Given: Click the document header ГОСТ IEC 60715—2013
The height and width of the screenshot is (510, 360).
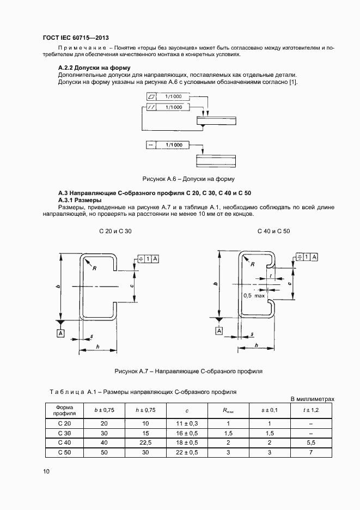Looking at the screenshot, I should pyautogui.click(x=75, y=38).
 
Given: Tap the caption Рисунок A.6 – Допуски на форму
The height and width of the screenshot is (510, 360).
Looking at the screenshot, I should pyautogui.click(x=188, y=179).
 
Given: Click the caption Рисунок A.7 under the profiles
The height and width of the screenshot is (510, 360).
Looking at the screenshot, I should pyautogui.click(x=188, y=371).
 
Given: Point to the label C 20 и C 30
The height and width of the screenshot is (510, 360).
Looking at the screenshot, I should pyautogui.click(x=115, y=232).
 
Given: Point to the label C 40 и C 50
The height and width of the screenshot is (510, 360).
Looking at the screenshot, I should pyautogui.click(x=273, y=232).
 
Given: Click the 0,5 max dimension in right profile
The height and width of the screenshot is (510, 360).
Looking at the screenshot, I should pyautogui.click(x=254, y=295).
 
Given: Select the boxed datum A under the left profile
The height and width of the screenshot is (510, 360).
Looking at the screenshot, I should pyautogui.click(x=60, y=333).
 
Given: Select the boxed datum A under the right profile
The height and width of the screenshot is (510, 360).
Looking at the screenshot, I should pyautogui.click(x=219, y=331).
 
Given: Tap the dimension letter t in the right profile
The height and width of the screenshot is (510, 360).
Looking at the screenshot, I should pyautogui.click(x=270, y=276).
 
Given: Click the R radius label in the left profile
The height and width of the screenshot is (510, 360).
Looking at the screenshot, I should pyautogui.click(x=94, y=269).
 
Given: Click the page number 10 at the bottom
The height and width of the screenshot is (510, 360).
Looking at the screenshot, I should pyautogui.click(x=46, y=472).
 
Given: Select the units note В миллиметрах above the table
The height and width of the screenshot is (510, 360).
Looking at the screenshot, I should pyautogui.click(x=313, y=399).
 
